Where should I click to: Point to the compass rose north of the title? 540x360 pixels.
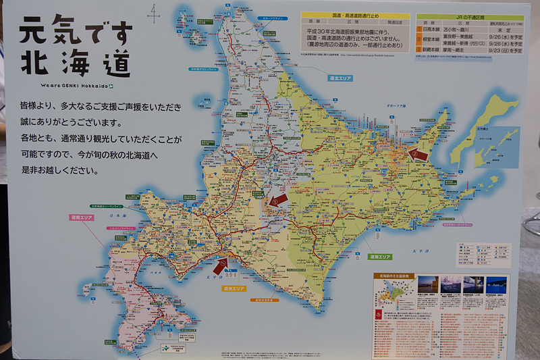(x=155, y=11)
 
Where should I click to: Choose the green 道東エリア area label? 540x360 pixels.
(x=379, y=257)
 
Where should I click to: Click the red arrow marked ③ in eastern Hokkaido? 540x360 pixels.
(x=419, y=154)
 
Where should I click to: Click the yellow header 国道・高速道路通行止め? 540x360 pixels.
(x=355, y=15)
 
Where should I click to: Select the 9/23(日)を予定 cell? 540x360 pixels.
(x=507, y=51)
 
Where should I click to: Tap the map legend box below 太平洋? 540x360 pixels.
(x=483, y=255)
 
